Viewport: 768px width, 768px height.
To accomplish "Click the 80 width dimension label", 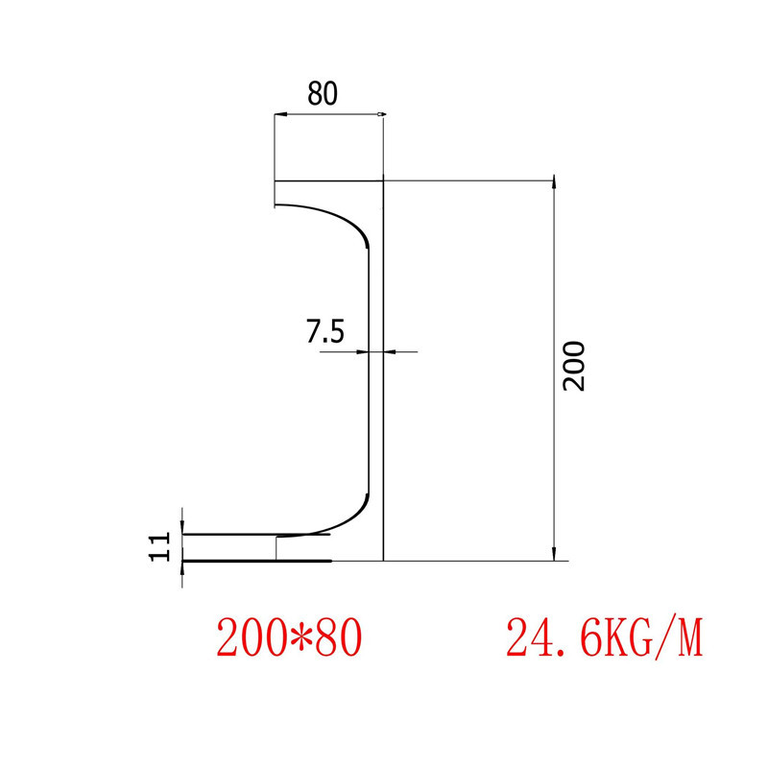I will [323, 94].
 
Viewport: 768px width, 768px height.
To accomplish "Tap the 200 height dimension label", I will [573, 365].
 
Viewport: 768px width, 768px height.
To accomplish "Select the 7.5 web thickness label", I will [324, 332].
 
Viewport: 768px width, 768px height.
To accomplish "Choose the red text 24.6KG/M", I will [605, 637].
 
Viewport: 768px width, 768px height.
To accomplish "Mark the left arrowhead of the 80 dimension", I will [278, 115].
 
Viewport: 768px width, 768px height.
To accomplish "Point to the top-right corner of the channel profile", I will [383, 180].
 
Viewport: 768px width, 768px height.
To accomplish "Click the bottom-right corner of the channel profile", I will [383, 560].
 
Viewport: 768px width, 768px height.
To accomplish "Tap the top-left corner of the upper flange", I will [275, 180].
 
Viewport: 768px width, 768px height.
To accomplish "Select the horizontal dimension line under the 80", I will [329, 115].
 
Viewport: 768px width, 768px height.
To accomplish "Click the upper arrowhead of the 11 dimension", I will [182, 529].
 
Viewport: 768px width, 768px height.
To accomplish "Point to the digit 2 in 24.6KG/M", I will [518, 637].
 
